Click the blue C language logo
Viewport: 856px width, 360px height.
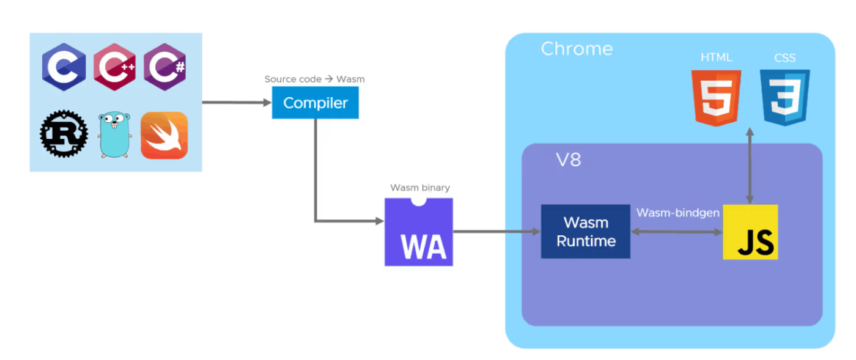[x=64, y=67]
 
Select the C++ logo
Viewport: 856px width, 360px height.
[x=115, y=67]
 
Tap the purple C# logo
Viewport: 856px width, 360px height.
[x=165, y=67]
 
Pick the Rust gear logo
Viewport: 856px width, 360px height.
[x=64, y=134]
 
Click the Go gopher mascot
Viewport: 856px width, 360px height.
[x=114, y=134]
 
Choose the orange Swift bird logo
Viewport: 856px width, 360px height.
[x=164, y=135]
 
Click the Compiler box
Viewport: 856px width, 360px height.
[x=315, y=103]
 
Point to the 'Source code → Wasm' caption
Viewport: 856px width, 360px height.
[x=314, y=79]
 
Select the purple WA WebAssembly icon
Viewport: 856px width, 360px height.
[x=419, y=232]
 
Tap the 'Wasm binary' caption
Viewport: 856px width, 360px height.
[x=420, y=188]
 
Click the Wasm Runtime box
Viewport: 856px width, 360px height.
[x=586, y=232]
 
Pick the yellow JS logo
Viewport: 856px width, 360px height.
[x=751, y=232]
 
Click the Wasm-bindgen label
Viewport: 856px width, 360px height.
[x=678, y=213]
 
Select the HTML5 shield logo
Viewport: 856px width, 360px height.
[x=717, y=98]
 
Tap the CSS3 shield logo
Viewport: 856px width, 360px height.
[x=785, y=98]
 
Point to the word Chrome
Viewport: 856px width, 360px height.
[x=577, y=49]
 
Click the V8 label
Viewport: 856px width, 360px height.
[x=568, y=160]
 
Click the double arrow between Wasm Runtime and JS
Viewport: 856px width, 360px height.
[x=677, y=232]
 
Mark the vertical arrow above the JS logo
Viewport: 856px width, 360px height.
[x=750, y=166]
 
